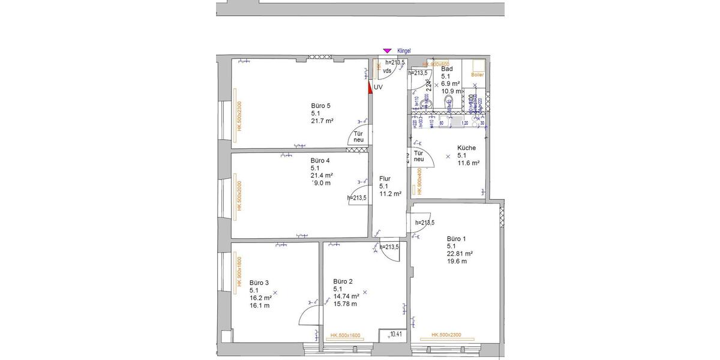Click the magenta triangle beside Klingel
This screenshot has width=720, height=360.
387,52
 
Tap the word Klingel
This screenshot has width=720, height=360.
404,52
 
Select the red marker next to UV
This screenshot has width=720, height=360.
370,86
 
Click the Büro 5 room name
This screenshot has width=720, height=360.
320,106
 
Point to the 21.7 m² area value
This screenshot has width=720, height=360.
322,121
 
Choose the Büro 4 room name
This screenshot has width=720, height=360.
320,161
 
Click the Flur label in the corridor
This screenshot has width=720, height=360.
385,179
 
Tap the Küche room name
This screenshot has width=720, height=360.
466,148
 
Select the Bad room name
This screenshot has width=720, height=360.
446,69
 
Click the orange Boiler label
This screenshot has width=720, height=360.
477,75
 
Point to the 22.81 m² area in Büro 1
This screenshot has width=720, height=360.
460,253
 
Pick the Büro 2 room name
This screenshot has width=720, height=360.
343,281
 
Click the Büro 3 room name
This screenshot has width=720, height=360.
259,283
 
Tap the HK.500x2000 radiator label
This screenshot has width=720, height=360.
238,196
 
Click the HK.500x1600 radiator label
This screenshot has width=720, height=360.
345,335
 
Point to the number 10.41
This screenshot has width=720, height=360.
396,334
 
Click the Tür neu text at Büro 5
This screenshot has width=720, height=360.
358,137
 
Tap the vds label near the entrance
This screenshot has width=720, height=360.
387,71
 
